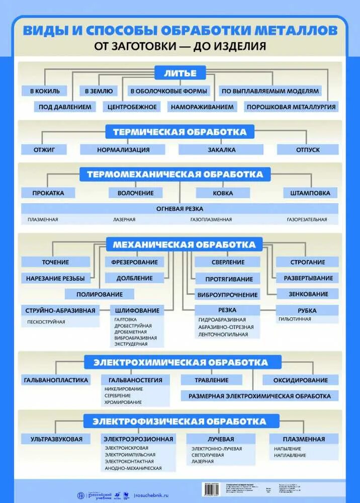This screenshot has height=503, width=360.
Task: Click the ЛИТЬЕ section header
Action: [x=180, y=73]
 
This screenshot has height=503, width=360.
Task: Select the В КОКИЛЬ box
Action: [x=45, y=91]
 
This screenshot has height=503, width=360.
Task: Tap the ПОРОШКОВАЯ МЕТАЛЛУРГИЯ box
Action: [x=291, y=107]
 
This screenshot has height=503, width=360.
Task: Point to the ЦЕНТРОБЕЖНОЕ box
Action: [x=132, y=107]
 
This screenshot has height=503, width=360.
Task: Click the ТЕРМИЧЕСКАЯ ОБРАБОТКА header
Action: [x=180, y=132]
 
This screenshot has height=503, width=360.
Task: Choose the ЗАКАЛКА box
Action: [x=221, y=149]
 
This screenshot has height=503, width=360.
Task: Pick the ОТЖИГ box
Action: [x=44, y=149]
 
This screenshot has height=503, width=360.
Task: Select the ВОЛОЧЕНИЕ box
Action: [x=136, y=193]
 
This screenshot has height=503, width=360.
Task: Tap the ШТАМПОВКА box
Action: [x=307, y=193]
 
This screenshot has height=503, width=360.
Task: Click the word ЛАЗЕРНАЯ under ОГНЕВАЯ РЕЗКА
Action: [x=124, y=219]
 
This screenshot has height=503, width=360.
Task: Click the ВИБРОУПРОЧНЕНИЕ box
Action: [x=227, y=295]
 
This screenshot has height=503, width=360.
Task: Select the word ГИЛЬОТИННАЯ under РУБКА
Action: [x=295, y=319]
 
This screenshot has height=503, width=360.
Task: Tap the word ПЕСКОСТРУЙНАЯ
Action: [x=47, y=322]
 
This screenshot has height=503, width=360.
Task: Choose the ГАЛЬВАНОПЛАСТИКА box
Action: [x=56, y=380]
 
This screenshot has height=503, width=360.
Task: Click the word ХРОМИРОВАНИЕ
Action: [x=123, y=402]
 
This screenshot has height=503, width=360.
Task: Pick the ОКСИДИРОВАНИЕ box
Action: [x=301, y=380]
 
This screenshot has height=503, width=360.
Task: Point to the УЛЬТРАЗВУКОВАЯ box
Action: [x=52, y=439]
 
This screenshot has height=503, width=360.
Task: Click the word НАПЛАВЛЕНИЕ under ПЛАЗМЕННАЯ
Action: [x=290, y=455]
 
